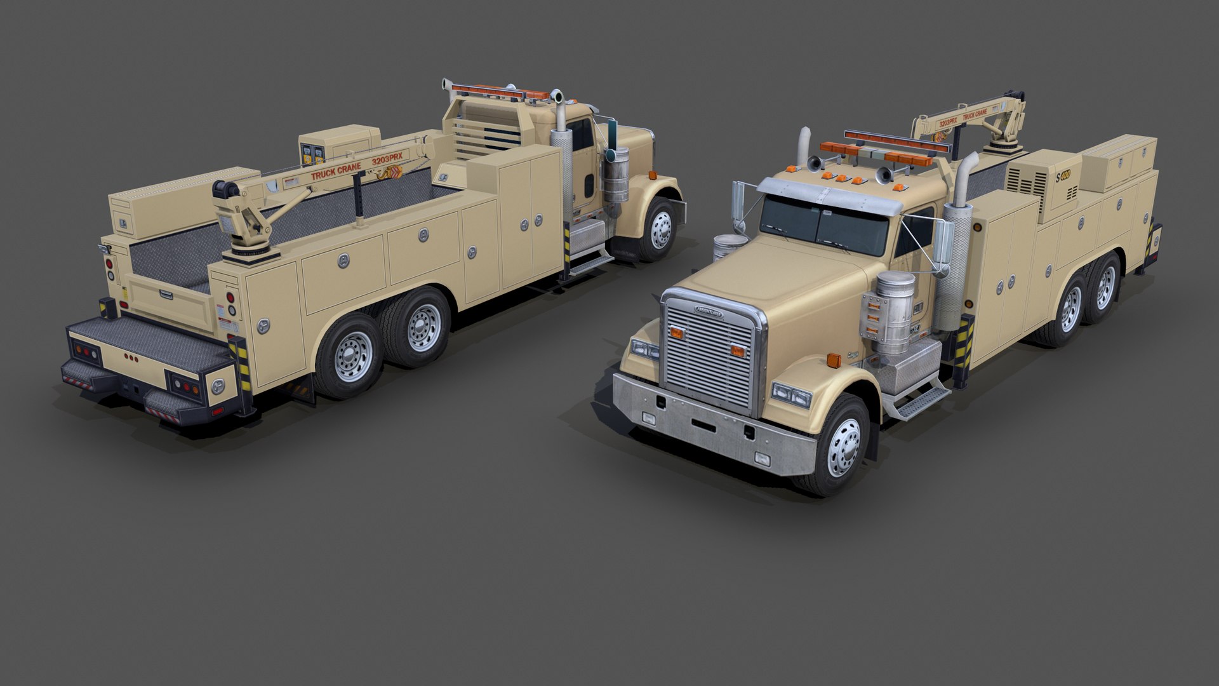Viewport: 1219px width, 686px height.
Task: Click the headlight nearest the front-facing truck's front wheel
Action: coord(791,395)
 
